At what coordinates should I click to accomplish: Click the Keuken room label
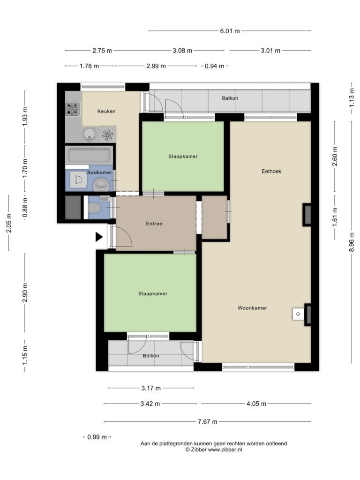106,111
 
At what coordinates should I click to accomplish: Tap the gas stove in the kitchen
73,109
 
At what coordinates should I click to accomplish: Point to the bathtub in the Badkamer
89,156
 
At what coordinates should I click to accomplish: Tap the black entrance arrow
99,237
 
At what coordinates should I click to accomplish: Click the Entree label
154,224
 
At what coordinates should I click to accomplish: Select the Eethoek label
271,172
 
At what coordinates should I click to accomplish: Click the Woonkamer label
252,308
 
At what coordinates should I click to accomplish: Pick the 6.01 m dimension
230,31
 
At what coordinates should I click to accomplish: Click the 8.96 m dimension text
352,242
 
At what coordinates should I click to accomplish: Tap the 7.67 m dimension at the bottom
207,422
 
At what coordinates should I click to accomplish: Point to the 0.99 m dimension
97,437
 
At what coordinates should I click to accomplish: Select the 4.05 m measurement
256,404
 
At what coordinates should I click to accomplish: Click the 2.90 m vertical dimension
25,292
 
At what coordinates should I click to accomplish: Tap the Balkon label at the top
230,98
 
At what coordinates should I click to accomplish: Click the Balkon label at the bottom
151,356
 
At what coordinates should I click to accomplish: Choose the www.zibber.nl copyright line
214,450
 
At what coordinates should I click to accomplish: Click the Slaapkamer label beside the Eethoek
183,157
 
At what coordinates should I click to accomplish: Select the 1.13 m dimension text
352,97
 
